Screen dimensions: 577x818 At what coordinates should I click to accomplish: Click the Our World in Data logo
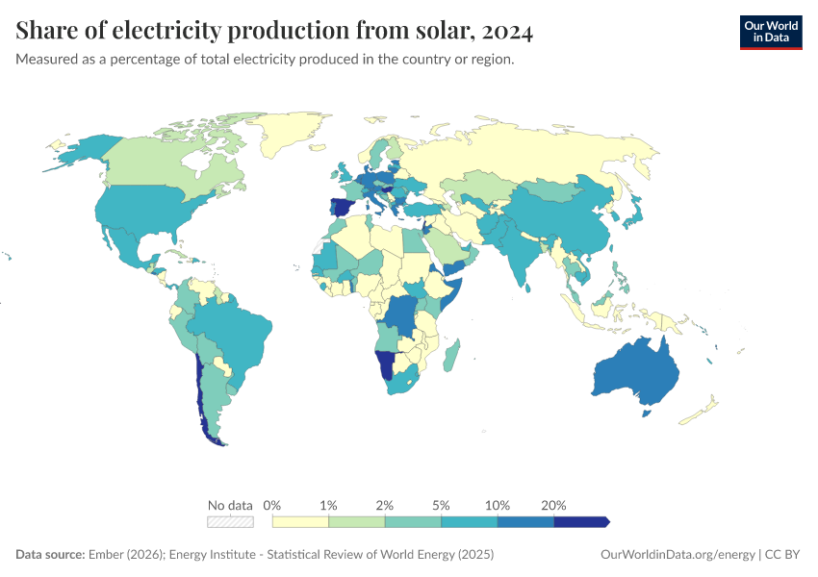(770, 32)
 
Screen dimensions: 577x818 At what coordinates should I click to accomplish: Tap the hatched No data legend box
(230, 521)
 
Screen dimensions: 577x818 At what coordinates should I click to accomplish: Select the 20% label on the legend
(553, 505)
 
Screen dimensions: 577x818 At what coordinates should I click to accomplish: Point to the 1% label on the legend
(328, 505)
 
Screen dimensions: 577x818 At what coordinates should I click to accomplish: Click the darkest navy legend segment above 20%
(581, 521)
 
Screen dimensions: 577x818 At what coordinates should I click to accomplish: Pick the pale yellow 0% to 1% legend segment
(300, 521)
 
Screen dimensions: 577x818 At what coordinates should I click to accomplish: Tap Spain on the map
(341, 208)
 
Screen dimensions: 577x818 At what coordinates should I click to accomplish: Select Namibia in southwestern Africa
(386, 364)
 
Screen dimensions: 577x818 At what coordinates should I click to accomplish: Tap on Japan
(636, 213)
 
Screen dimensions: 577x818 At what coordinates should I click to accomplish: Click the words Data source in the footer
(50, 555)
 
